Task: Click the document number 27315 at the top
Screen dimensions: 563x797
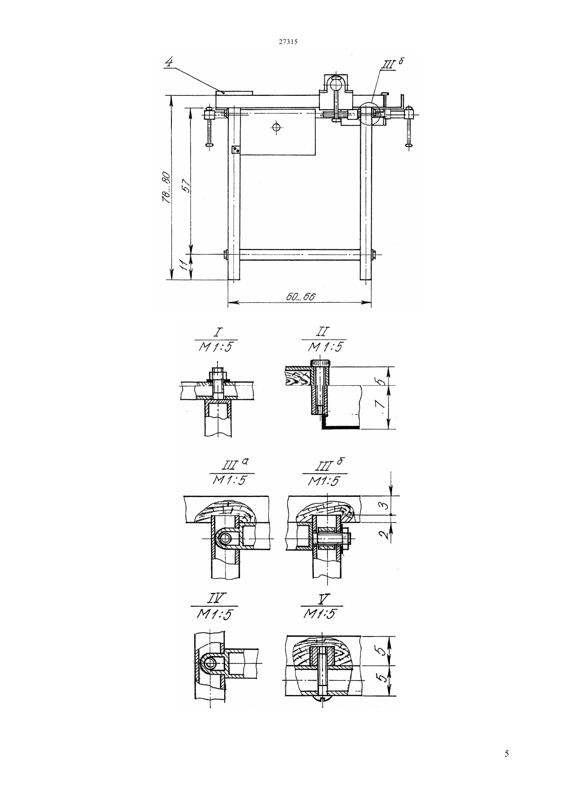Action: pos(288,41)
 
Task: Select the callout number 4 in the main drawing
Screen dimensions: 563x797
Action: pos(169,62)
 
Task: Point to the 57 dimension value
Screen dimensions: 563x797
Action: pos(186,185)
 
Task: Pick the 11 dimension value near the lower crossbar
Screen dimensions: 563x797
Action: pos(183,265)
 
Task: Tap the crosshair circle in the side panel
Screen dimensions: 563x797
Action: pos(276,127)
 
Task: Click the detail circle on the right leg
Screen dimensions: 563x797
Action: pos(369,114)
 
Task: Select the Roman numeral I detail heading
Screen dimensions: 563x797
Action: pos(216,332)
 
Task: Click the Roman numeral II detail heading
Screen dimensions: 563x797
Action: pos(323,332)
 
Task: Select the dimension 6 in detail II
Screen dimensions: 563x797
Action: pos(380,382)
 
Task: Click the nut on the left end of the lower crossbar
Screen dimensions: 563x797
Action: pos(226,255)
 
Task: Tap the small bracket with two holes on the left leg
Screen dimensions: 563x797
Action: pos(235,150)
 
